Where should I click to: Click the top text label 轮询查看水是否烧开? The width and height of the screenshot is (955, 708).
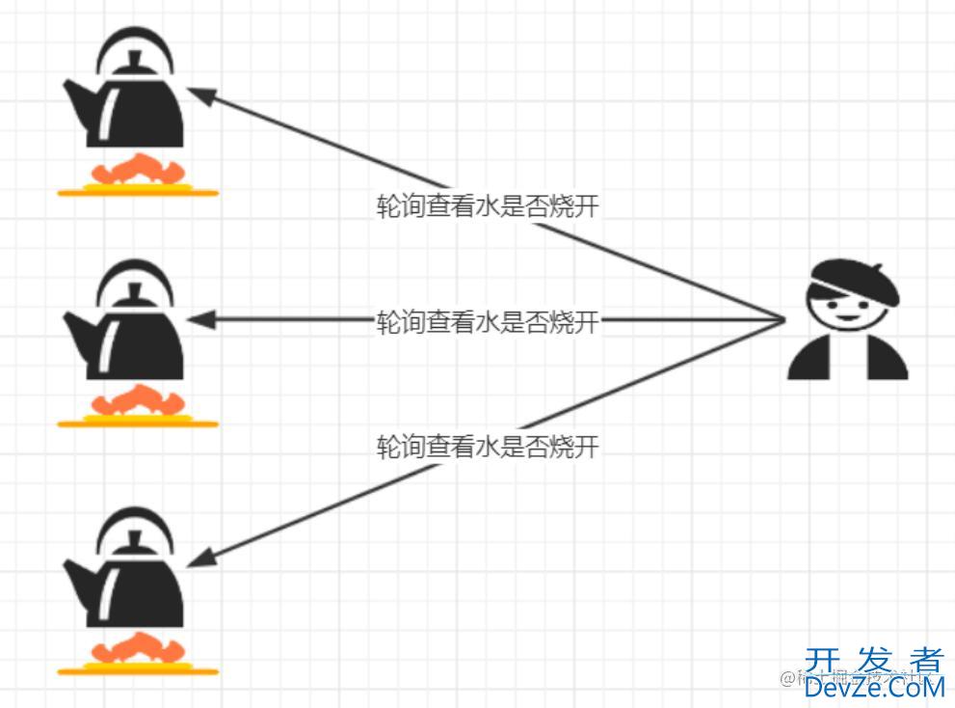pyautogui.click(x=488, y=206)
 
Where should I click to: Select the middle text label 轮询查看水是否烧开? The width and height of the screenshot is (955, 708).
pyautogui.click(x=488, y=322)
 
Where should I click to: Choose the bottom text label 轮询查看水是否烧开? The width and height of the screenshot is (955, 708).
pyautogui.click(x=488, y=447)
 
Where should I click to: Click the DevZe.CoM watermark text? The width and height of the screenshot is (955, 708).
pyautogui.click(x=873, y=687)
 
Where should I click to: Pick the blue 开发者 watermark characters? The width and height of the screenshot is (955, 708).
pyautogui.click(x=873, y=661)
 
